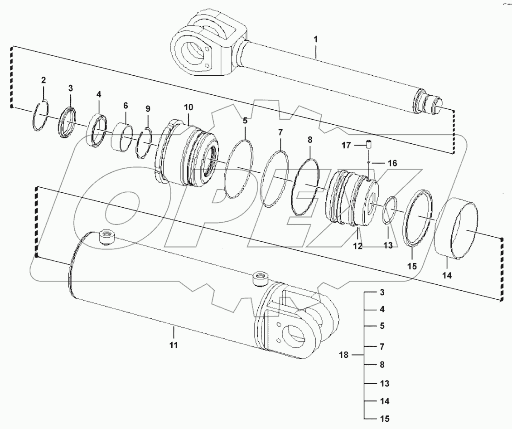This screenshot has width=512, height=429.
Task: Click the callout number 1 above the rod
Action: (316, 39)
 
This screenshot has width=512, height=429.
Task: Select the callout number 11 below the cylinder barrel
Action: (174, 345)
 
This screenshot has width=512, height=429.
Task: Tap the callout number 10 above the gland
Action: (188, 107)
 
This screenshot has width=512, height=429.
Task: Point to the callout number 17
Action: (346, 146)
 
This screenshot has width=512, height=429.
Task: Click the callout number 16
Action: (392, 163)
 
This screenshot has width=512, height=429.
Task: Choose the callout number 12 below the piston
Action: (357, 246)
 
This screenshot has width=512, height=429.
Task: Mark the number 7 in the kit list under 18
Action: (382, 346)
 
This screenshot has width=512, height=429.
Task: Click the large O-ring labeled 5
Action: (239, 169)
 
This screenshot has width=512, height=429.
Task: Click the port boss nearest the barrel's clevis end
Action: (261, 278)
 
